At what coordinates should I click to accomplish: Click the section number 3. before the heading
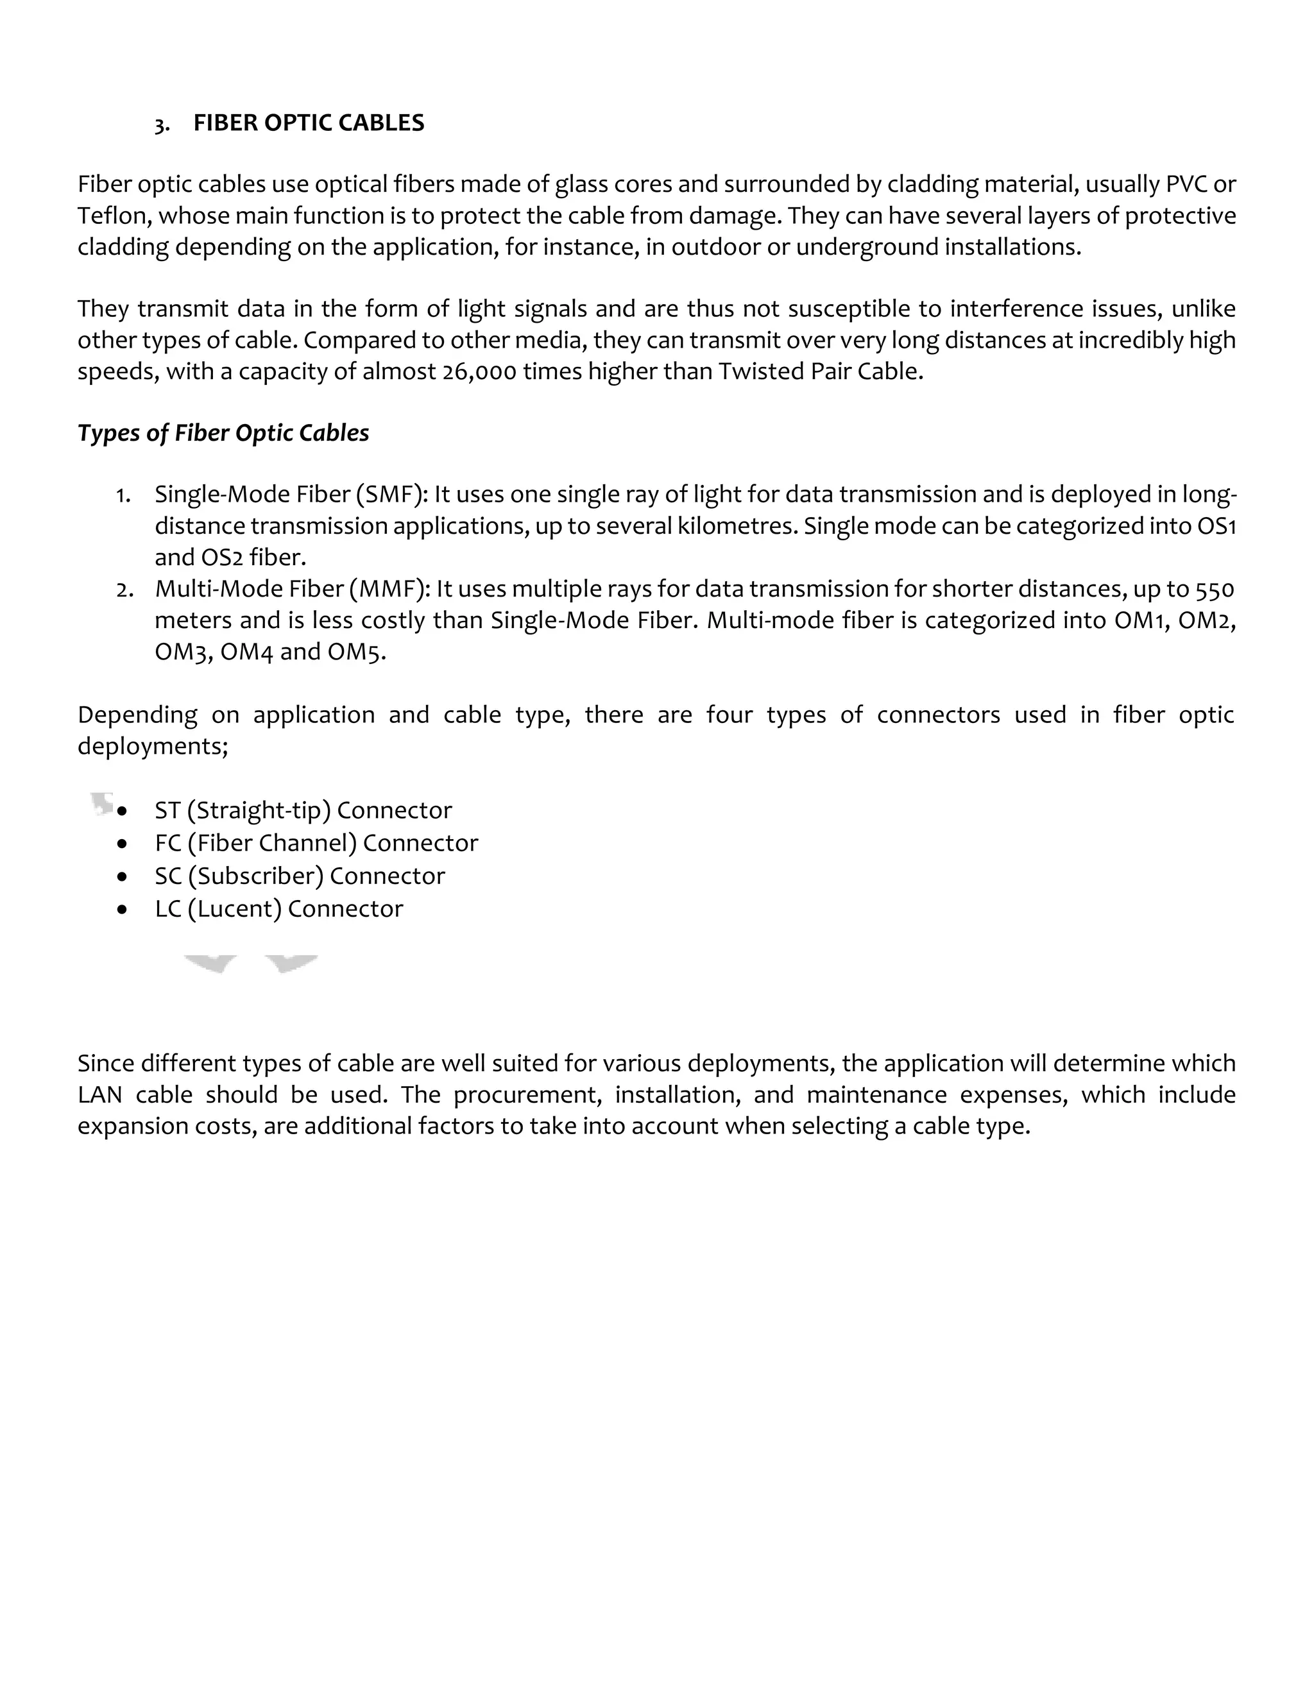[162, 124]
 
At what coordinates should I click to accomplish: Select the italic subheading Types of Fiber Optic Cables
[223, 433]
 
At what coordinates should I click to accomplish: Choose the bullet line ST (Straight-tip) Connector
[303, 810]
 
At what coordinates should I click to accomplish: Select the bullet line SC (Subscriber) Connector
[300, 876]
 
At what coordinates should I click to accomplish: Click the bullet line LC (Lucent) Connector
[278, 908]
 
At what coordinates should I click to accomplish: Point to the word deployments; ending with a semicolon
[153, 745]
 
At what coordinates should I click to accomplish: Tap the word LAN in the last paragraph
[99, 1094]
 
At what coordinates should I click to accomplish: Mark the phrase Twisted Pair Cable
[820, 371]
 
